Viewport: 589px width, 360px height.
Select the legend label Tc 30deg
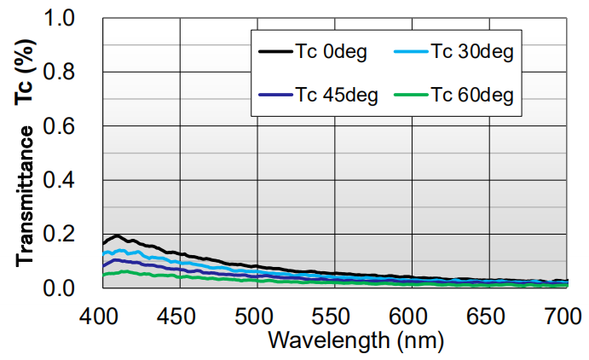(x=471, y=53)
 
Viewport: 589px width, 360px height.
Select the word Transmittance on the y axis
(x=26, y=196)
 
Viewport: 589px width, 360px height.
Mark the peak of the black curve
(x=117, y=235)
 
